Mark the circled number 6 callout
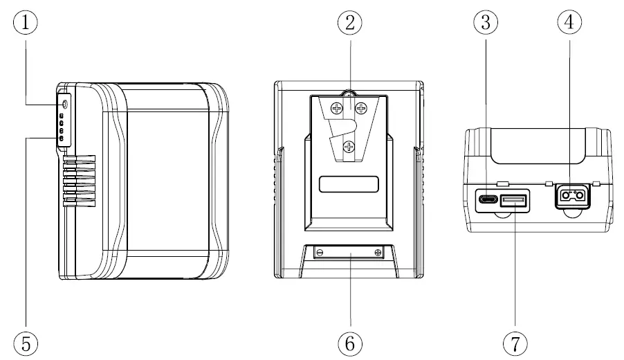350,341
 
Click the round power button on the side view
64,104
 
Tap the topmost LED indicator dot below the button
62,115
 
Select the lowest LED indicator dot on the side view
62,138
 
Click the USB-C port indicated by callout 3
486,201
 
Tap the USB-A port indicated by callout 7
515,201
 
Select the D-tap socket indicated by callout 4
571,197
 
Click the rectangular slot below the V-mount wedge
349,185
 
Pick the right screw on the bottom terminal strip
378,253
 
